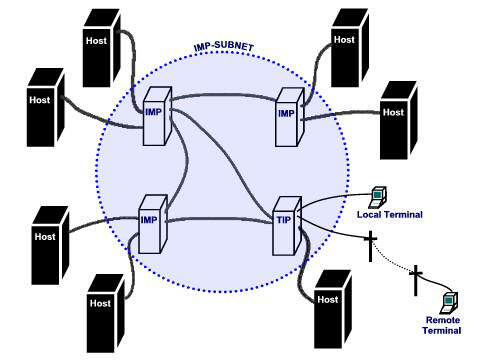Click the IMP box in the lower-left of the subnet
point(150,220)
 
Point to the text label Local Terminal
point(390,215)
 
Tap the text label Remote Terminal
point(442,325)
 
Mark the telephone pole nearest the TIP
point(370,245)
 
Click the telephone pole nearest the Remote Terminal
point(416,281)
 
